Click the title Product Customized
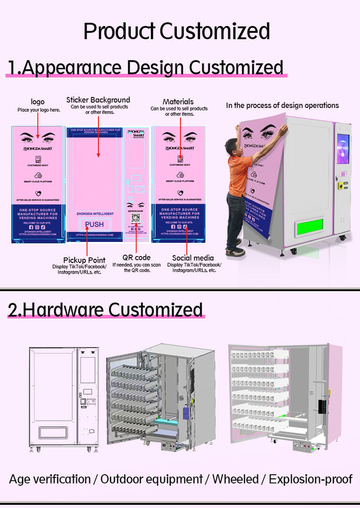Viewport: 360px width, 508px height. click(177, 32)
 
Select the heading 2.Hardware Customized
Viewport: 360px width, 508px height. click(105, 309)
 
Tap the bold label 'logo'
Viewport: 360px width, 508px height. click(38, 102)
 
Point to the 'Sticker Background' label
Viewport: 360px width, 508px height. click(98, 99)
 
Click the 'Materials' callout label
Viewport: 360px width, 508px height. click(178, 102)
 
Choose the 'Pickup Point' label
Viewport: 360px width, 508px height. click(84, 260)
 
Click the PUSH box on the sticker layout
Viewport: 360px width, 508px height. click(94, 224)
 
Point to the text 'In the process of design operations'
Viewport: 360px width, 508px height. click(282, 105)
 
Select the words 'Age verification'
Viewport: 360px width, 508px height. click(50, 479)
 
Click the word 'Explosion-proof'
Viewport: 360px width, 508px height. click(310, 479)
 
